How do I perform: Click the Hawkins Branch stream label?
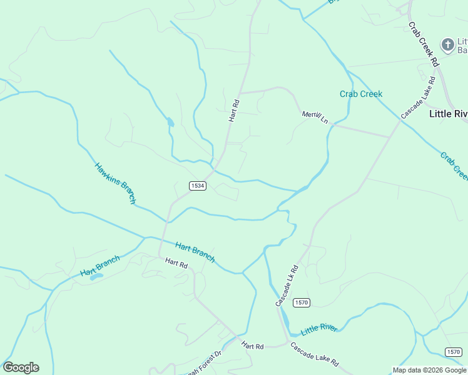(x=115, y=183)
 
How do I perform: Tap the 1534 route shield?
(x=198, y=186)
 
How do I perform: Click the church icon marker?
(x=447, y=44)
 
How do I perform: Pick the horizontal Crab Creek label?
(x=361, y=94)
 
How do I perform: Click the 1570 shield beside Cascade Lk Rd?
(x=302, y=302)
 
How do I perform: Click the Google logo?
(x=21, y=367)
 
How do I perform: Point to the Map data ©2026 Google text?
(x=429, y=370)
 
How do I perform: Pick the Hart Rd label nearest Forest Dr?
(x=253, y=346)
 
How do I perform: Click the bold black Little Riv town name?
(x=448, y=114)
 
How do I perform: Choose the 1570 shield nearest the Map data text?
(x=454, y=351)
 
